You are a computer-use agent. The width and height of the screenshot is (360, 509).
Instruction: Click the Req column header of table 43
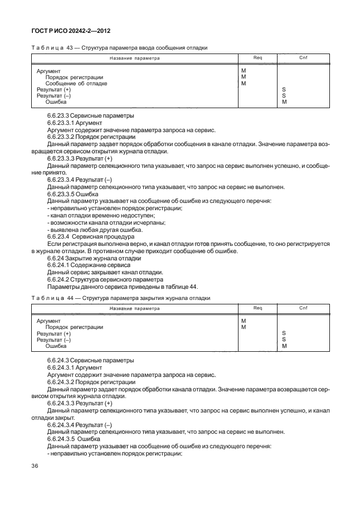(x=257, y=57)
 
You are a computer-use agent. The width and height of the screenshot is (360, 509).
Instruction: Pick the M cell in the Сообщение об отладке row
(x=244, y=84)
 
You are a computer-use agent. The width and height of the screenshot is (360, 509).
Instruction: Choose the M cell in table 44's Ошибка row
(x=284, y=346)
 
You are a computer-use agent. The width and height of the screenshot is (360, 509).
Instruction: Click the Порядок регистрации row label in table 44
(x=74, y=327)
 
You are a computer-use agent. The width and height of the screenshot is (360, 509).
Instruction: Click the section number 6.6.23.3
(x=61, y=116)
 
